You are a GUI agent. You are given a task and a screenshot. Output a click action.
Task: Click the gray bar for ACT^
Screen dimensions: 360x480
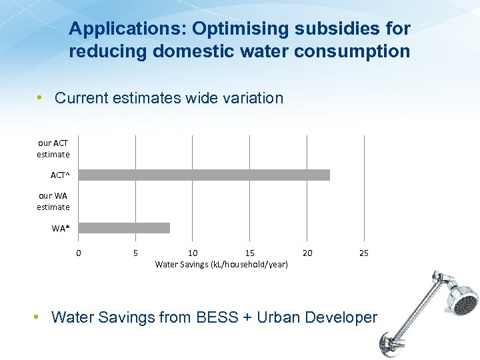204,175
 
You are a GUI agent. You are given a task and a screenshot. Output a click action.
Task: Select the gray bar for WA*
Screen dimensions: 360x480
124,228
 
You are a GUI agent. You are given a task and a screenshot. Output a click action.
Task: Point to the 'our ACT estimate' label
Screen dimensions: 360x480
53,149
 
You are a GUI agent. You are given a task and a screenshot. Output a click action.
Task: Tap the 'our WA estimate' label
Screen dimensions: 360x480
53,201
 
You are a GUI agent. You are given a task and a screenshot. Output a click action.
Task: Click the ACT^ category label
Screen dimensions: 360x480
60,175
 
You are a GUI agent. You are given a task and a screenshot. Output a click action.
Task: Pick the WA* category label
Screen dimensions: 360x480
61,229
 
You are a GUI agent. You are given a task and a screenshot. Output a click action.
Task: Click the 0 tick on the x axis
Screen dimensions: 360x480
79,253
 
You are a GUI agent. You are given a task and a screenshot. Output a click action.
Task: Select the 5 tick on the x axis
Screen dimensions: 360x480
136,253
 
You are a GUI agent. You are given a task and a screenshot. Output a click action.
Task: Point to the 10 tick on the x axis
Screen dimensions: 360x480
193,253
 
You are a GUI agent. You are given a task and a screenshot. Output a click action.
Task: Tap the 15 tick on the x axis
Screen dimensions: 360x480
250,253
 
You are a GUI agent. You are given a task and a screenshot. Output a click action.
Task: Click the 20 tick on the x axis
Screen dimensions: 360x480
307,253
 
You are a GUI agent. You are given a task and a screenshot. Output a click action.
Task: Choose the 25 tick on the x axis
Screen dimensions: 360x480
364,253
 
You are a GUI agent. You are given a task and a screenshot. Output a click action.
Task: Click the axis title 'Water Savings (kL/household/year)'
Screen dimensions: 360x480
221,265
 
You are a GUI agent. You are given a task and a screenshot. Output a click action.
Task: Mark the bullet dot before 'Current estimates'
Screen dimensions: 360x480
41,98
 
